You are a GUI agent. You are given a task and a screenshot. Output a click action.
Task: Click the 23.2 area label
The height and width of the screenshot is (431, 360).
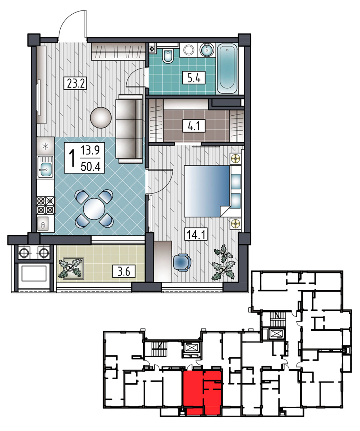coord(75,83)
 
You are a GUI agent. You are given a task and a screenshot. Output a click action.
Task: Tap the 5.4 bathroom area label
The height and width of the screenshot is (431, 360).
coord(194,78)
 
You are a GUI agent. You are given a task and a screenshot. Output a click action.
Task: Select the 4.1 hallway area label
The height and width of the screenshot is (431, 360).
coord(194,126)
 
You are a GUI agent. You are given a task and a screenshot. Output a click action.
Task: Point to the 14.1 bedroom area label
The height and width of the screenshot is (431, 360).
coord(196,234)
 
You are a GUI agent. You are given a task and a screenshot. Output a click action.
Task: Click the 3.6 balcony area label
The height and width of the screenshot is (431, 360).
coord(124,272)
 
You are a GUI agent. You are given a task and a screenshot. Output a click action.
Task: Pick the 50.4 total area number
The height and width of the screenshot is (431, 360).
coord(90,167)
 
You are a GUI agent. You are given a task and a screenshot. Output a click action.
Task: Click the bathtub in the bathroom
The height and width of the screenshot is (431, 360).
coord(227,69)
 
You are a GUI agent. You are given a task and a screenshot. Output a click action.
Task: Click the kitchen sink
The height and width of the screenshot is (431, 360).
coord(46,167)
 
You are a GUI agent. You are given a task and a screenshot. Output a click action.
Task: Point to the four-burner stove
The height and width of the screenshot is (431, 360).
coord(46,205)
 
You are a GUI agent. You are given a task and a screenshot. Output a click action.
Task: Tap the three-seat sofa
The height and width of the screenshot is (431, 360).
coord(129,129)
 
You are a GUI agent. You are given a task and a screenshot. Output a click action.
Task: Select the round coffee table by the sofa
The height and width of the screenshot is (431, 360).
coord(101,117)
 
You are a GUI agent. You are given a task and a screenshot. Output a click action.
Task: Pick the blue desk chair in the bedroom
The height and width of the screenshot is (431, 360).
coord(182,262)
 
